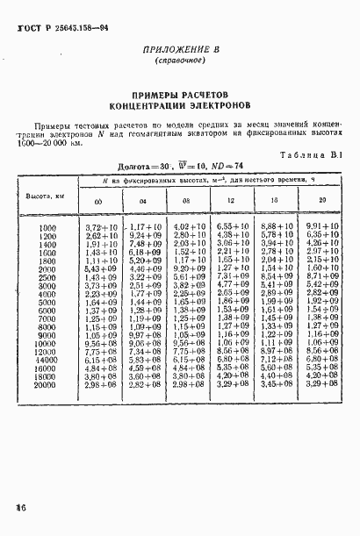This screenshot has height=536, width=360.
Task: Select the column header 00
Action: click(97, 203)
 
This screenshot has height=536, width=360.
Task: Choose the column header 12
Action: click(227, 203)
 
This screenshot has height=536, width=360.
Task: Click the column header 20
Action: click(311, 203)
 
